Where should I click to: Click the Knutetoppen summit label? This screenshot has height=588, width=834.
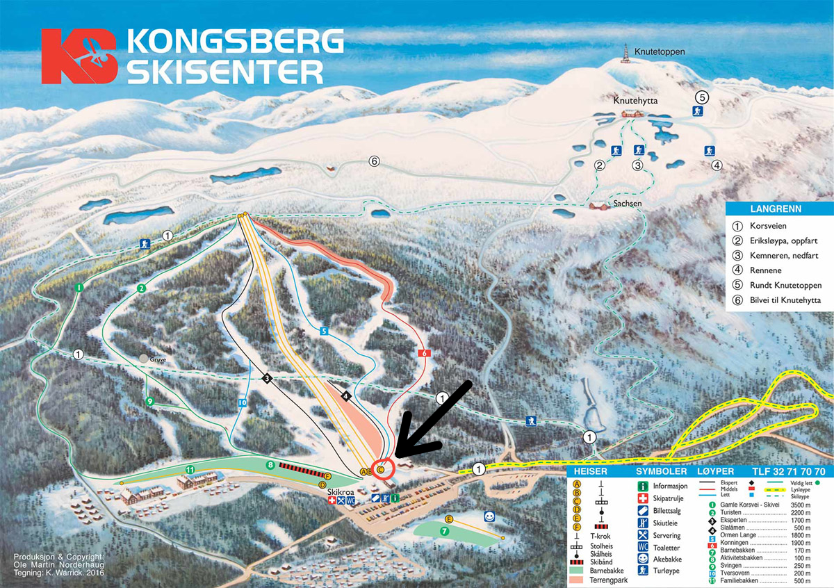[660, 52]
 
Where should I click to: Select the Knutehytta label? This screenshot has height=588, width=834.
[635, 101]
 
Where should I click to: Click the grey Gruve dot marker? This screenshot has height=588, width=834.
[144, 359]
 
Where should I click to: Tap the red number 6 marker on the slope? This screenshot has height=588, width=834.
[424, 353]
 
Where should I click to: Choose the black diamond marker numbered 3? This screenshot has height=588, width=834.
[267, 378]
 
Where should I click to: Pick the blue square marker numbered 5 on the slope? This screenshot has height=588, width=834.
[324, 332]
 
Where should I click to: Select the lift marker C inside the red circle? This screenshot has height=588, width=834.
[381, 470]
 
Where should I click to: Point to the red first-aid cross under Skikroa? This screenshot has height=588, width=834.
[332, 500]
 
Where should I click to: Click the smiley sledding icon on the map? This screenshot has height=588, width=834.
[490, 516]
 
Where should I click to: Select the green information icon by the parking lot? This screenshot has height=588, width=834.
[395, 498]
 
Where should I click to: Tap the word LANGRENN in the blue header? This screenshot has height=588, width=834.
[776, 209]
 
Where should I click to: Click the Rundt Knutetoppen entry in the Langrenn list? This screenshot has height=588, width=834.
[785, 286]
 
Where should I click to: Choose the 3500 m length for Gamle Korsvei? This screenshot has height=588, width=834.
[807, 505]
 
